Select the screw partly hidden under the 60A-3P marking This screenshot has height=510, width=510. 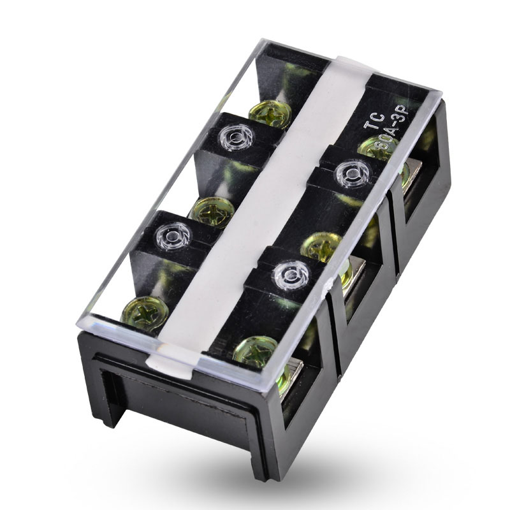click(377, 148)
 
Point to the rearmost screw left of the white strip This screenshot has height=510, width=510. click(270, 113)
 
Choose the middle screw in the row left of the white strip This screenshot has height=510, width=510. click(212, 211)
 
